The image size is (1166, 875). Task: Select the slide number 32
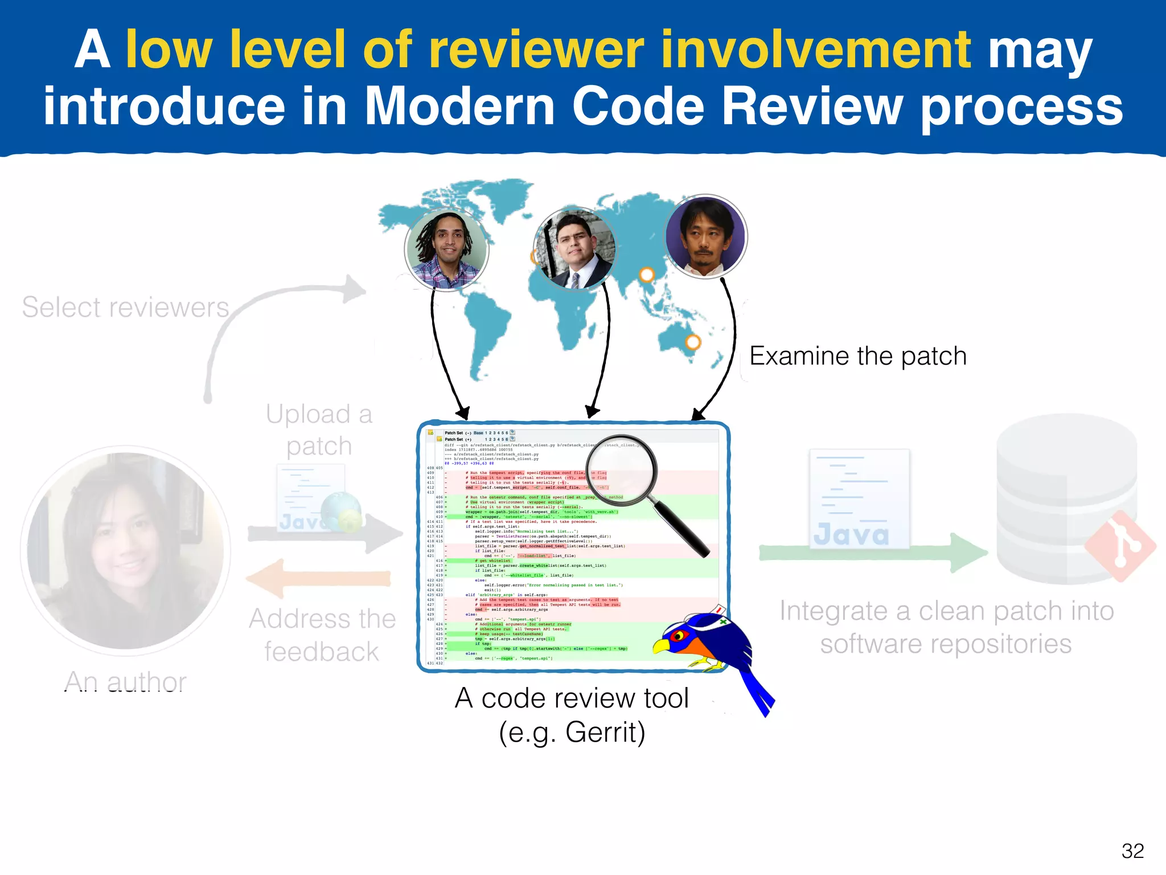tap(1132, 851)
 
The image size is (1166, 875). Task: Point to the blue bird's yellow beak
tap(660, 645)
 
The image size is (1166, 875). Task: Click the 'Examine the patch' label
tap(857, 356)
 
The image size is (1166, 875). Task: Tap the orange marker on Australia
tap(693, 342)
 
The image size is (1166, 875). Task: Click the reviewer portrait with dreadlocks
tap(447, 249)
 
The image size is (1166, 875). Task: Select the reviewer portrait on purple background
tap(706, 236)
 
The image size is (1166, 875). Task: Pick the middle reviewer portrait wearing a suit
tap(575, 249)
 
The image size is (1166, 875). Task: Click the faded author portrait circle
tap(126, 550)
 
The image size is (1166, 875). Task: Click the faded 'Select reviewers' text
tap(125, 308)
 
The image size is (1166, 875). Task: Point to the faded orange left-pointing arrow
tap(319, 578)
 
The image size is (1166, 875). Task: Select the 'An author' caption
tap(125, 682)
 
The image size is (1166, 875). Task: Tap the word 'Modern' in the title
tap(459, 107)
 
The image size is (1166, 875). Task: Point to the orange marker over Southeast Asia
tap(646, 275)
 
